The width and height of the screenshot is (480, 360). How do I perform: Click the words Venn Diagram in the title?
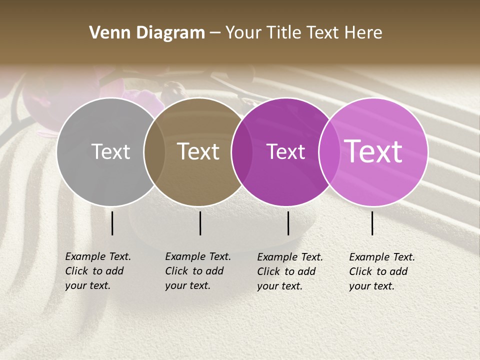coord(147,33)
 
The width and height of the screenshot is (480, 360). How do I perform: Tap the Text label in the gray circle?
coord(110,151)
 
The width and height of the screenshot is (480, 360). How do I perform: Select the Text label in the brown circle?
coord(198,151)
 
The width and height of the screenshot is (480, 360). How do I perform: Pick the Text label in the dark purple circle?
coord(285,151)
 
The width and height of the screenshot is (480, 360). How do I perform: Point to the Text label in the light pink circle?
coord(373,151)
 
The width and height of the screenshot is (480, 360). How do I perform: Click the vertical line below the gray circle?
coord(112,223)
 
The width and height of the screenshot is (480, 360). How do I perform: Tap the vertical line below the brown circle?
coord(200,223)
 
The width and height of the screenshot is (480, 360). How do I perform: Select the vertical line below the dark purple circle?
coord(288,223)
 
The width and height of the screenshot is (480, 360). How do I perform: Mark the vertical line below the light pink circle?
coord(372,223)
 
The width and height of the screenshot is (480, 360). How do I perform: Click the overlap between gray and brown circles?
coord(154,151)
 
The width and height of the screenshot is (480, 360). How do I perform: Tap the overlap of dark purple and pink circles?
coord(327,151)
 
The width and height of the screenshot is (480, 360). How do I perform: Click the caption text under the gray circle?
coord(98,271)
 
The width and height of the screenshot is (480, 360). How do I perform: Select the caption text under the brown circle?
coord(198,271)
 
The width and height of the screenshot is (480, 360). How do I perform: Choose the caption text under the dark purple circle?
coord(290,271)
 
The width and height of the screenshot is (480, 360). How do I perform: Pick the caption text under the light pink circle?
coord(382,271)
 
